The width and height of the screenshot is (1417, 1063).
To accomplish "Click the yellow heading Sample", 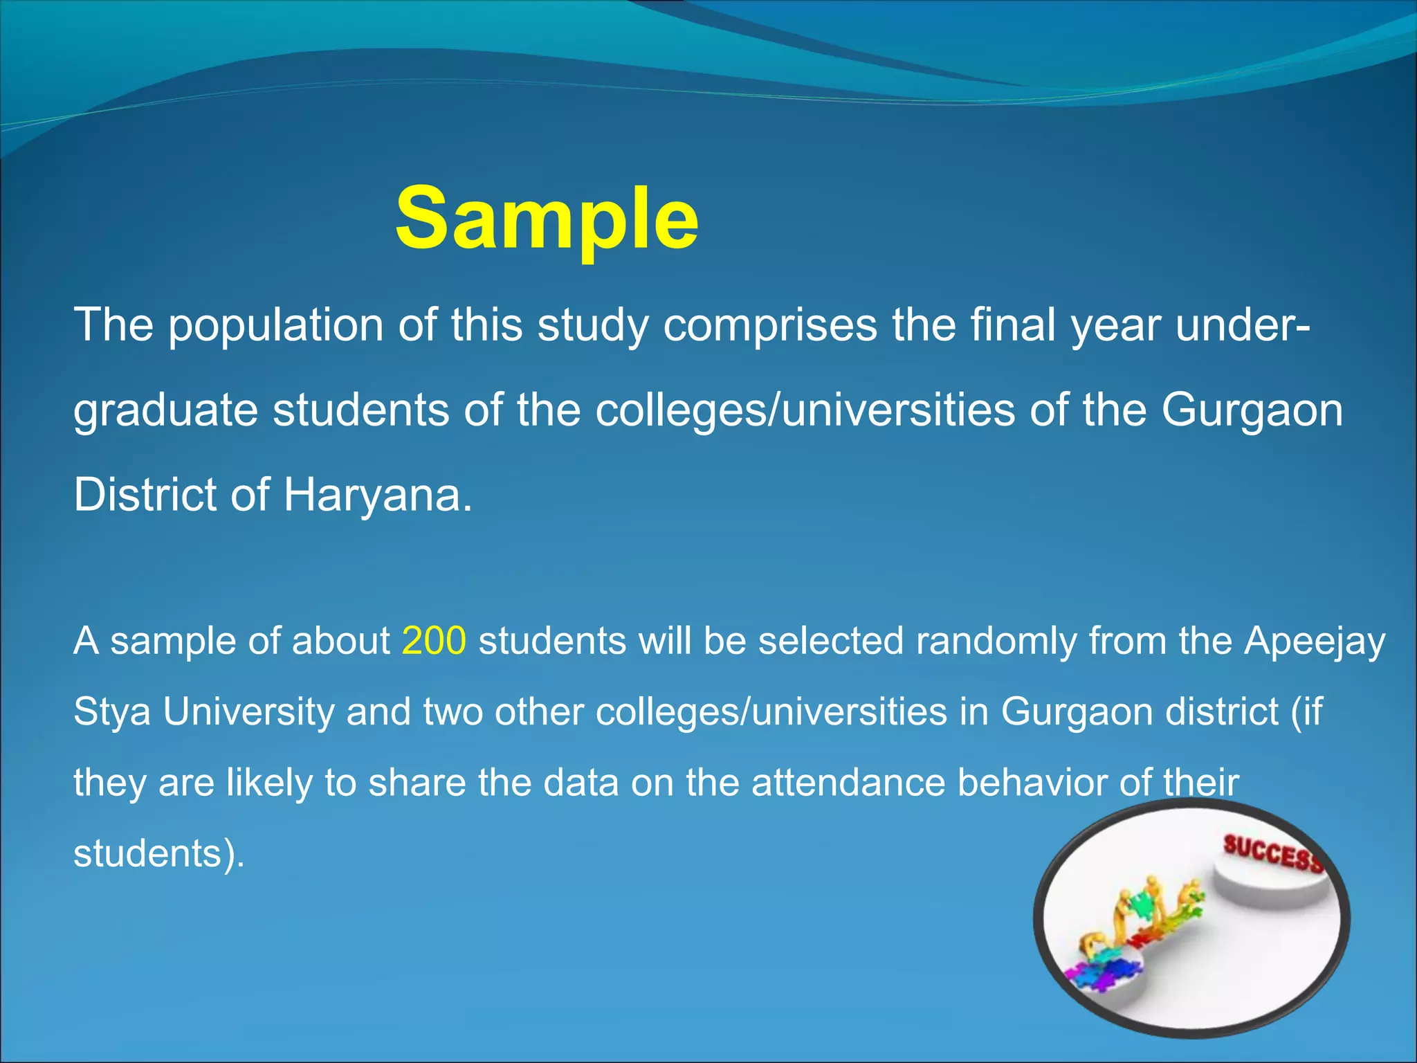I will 547,220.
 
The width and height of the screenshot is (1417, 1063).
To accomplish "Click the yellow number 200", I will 434,641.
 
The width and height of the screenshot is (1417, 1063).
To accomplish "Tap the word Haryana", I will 377,496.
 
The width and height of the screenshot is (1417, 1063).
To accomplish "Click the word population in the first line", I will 276,325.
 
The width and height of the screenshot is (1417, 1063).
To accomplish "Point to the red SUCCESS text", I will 1272,853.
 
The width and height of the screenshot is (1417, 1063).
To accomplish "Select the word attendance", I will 848,783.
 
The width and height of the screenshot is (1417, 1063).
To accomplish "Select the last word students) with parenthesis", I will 159,854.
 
